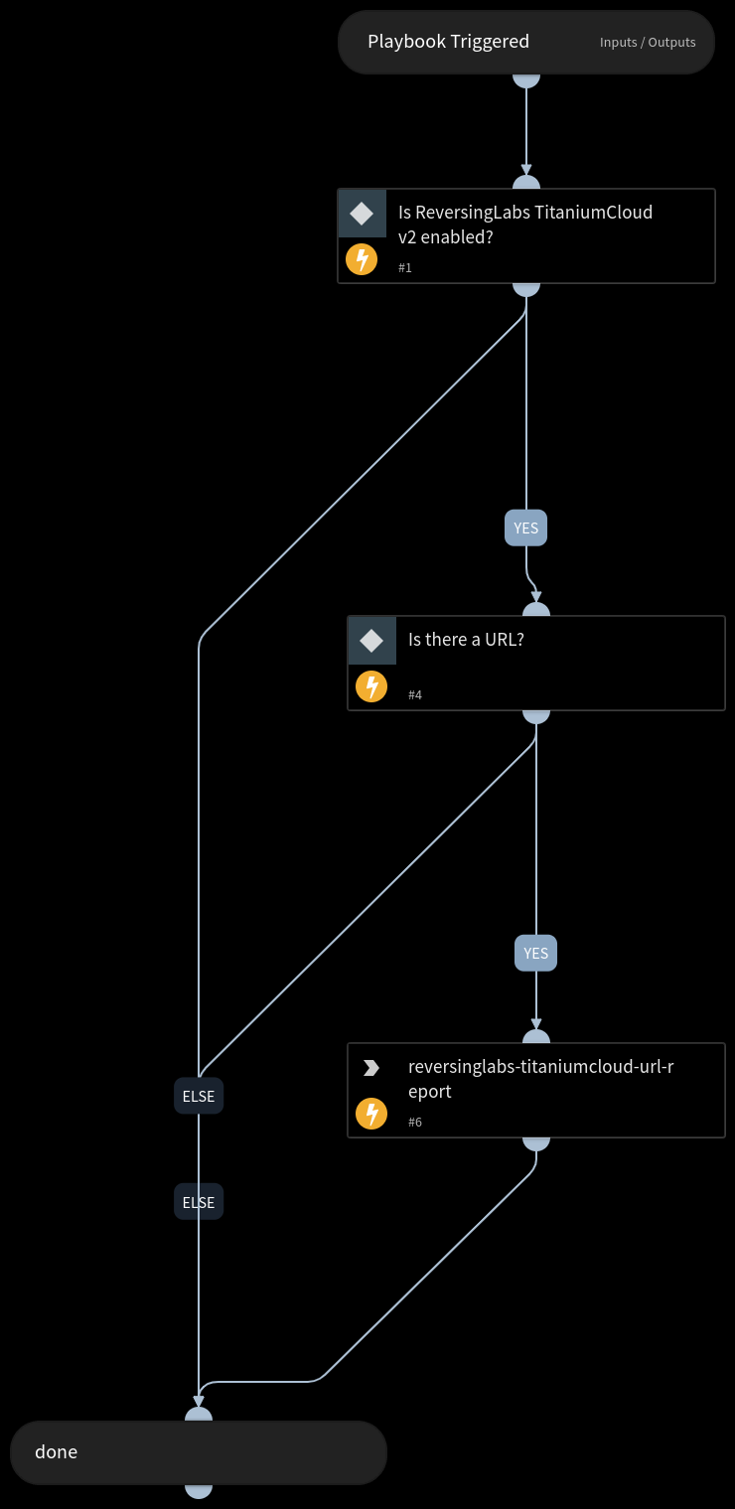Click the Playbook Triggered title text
click(x=448, y=42)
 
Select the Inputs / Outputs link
click(x=648, y=43)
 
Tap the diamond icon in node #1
click(x=362, y=213)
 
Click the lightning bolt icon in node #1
click(x=362, y=260)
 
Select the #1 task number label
click(x=405, y=268)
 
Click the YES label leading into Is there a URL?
click(x=525, y=528)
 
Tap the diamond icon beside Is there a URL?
click(x=371, y=641)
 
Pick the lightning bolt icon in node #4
click(x=371, y=686)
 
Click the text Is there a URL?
click(x=466, y=640)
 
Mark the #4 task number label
click(x=415, y=695)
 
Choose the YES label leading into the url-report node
click(x=535, y=954)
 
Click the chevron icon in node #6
click(x=371, y=1068)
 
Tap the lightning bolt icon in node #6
click(x=371, y=1114)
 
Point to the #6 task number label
click(x=415, y=1123)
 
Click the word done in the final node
click(x=56, y=1452)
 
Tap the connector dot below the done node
click(x=199, y=1489)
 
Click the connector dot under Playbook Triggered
click(x=525, y=78)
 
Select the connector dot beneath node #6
click(x=535, y=1142)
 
